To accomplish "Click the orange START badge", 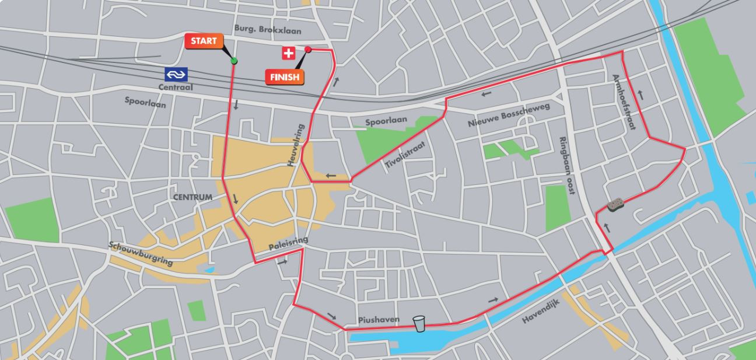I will click(x=204, y=41).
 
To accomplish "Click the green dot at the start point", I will click(x=234, y=61).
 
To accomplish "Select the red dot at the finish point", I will click(x=308, y=50).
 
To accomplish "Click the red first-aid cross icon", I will click(x=288, y=54).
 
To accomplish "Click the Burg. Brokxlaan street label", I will click(x=268, y=29).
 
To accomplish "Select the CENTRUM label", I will click(x=192, y=197).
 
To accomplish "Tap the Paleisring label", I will click(x=288, y=243).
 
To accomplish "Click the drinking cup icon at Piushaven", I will click(x=419, y=324).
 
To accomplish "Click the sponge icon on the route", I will click(x=616, y=204).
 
